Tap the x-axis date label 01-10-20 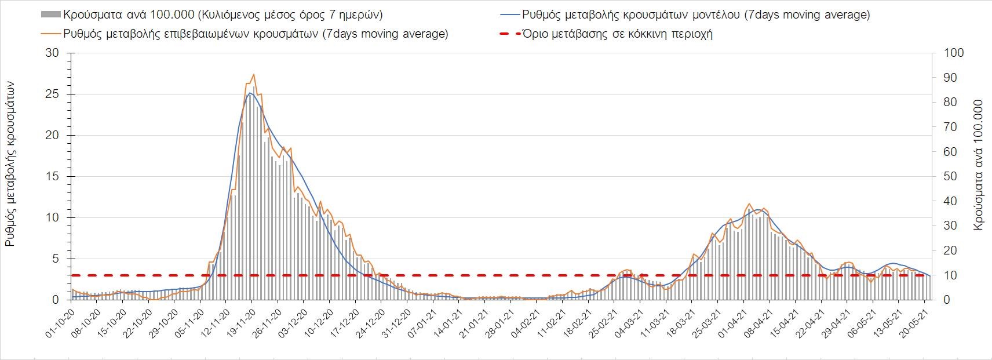tap(58, 322)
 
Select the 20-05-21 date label tap(917, 322)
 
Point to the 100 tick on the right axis tap(954, 53)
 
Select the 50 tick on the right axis tap(951, 177)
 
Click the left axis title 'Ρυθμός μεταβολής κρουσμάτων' tap(10, 164)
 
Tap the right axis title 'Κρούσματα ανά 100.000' tap(979, 165)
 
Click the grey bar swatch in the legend tap(51, 14)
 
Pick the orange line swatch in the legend tap(51, 34)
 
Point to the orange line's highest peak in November tap(254, 74)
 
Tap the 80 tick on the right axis tap(951, 103)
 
